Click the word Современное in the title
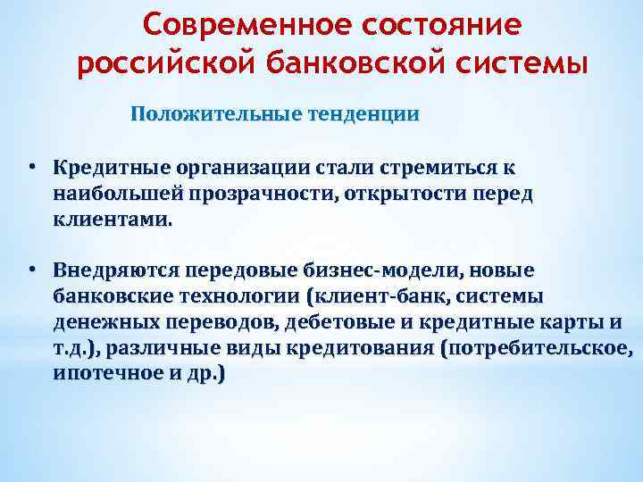click(232, 24)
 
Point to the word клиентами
click(110, 219)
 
